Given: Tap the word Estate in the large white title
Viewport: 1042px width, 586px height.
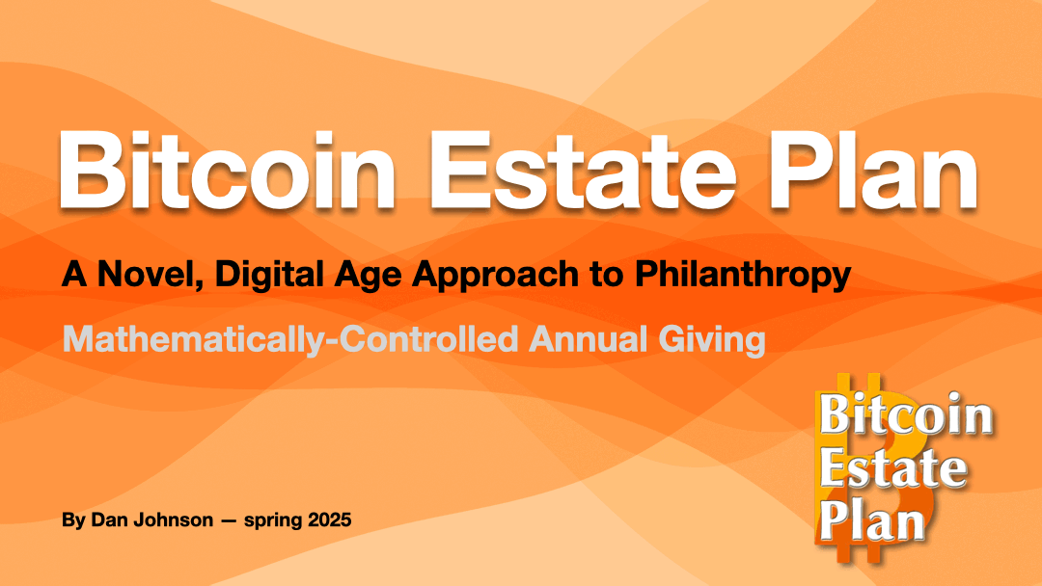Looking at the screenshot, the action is pyautogui.click(x=583, y=172).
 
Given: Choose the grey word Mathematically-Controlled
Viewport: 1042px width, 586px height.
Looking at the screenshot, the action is pyautogui.click(x=289, y=340).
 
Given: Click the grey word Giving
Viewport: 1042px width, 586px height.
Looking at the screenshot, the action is pyautogui.click(x=712, y=340).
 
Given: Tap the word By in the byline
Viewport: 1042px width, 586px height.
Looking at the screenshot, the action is pyautogui.click(x=73, y=520).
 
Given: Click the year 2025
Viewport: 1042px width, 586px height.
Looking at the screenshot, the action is pyautogui.click(x=326, y=519).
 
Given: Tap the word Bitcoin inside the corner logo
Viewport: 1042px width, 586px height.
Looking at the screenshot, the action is pyautogui.click(x=906, y=414).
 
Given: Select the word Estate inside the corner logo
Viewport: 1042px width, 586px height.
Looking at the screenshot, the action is pyautogui.click(x=893, y=467).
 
